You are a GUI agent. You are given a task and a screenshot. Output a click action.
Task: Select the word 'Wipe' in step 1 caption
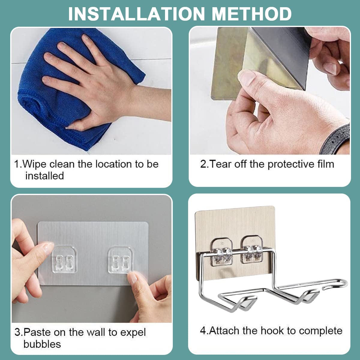pos(34,164)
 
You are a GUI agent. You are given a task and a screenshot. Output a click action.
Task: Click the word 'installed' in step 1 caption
pos(44,176)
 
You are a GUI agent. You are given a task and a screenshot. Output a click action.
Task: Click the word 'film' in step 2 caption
pos(325,164)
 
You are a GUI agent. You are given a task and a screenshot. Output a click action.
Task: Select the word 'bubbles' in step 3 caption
pos(42,344)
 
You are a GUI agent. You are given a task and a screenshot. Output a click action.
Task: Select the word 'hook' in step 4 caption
pos(272,331)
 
